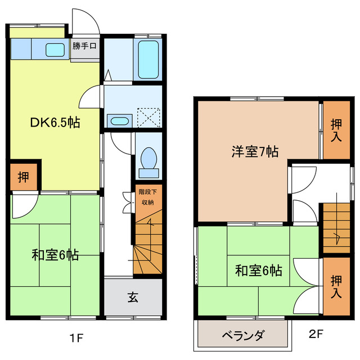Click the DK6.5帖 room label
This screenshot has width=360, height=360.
coord(55,123)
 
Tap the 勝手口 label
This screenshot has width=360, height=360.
coord(85,46)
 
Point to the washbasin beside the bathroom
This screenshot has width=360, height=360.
coord(119,120)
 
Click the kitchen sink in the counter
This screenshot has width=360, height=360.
coord(55,49)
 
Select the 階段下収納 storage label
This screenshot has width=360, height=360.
coord(147,197)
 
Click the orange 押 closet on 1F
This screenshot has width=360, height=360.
coord(24,177)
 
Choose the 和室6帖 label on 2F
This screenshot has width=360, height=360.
coord(258,271)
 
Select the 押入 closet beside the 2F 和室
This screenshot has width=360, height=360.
coord(336,285)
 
